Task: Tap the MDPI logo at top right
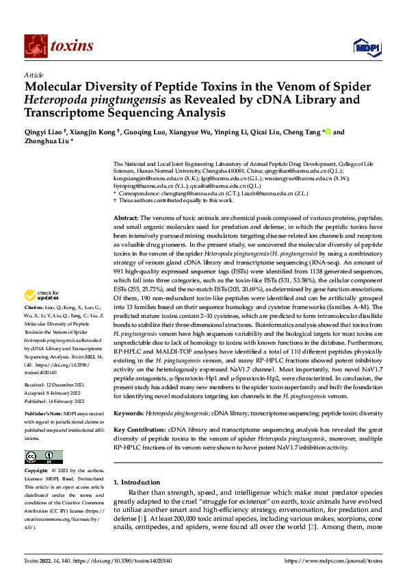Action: pyautogui.click(x=363, y=47)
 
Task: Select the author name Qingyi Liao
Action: pyautogui.click(x=42, y=132)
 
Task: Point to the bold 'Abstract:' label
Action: pyautogui.click(x=127, y=217)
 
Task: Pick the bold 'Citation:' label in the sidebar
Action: pyautogui.click(x=36, y=328)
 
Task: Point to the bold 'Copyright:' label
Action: pyautogui.click(x=37, y=471)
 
